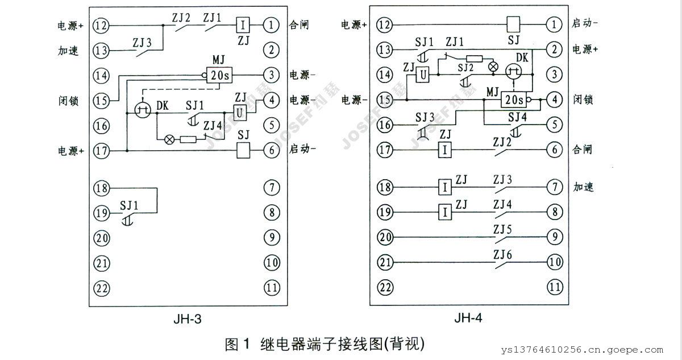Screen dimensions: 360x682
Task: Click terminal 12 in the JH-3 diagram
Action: (102, 25)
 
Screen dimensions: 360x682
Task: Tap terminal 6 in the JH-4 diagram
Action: (554, 151)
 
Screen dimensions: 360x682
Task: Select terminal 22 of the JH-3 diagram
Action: (102, 288)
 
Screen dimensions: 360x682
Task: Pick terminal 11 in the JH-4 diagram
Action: (554, 288)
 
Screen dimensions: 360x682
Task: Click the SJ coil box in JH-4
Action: (514, 24)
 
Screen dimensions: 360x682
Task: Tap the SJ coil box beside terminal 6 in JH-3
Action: (244, 151)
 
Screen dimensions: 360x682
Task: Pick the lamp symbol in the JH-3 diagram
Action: (169, 139)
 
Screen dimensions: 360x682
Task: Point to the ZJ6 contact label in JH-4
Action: (502, 255)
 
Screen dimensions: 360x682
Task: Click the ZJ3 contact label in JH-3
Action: (142, 42)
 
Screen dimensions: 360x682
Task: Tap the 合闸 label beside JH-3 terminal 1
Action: (300, 26)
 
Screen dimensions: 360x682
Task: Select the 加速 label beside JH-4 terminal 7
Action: (583, 187)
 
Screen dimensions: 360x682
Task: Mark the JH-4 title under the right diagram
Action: (468, 318)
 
